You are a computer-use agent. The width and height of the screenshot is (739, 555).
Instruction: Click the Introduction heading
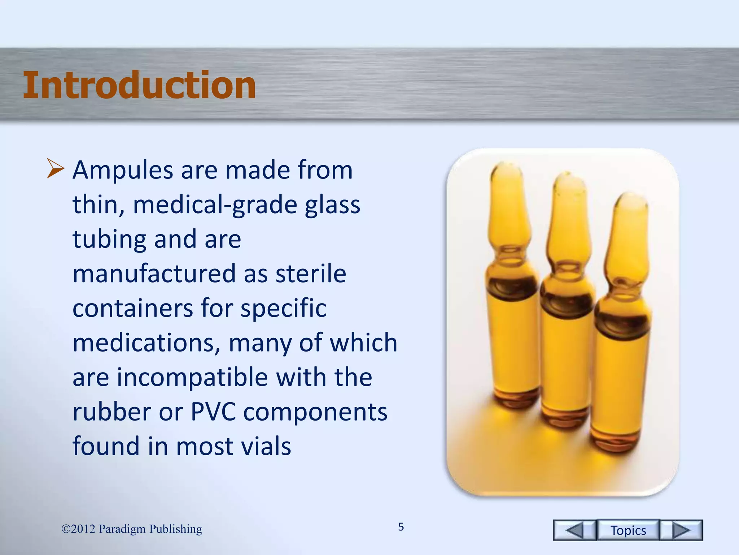tap(139, 85)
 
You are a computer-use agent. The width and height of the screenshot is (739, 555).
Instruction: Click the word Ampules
tap(123, 171)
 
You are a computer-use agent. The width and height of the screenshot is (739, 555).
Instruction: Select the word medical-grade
tap(215, 205)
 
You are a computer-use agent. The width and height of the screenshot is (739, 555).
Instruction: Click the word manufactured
tap(154, 274)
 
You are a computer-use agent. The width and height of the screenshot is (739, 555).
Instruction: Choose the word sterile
tap(311, 274)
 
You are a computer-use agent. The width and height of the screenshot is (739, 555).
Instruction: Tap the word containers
tap(132, 308)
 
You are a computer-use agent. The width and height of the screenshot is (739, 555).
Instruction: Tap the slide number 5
tap(401, 527)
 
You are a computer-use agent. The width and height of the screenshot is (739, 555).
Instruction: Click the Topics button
tap(628, 530)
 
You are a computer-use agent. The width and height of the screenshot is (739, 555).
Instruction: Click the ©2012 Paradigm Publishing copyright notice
tap(132, 529)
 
